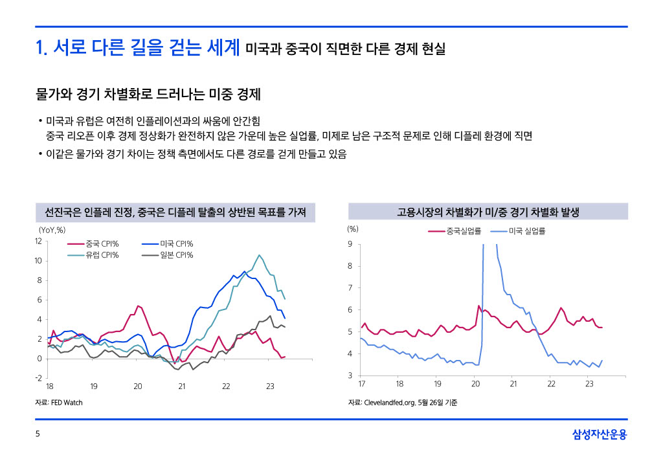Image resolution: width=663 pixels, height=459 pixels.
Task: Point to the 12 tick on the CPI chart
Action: pyautogui.click(x=39, y=241)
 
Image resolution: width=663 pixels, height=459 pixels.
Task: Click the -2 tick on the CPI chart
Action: pyautogui.click(x=39, y=378)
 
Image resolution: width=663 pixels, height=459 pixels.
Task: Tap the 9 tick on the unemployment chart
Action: pyautogui.click(x=350, y=244)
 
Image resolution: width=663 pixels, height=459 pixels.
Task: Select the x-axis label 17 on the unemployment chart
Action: pyautogui.click(x=362, y=385)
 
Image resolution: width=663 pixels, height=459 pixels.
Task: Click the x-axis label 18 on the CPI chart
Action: pyautogui.click(x=50, y=386)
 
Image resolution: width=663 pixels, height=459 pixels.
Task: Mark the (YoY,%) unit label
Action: pyautogui.click(x=52, y=229)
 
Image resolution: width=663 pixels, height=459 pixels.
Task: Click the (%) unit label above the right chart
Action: pyautogui.click(x=353, y=229)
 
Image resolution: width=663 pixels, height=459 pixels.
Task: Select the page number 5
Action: pyautogui.click(x=38, y=435)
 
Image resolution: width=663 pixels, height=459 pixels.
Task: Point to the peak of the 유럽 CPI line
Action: pyautogui.click(x=260, y=255)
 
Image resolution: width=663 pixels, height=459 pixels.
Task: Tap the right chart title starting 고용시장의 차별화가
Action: pyautogui.click(x=488, y=212)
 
